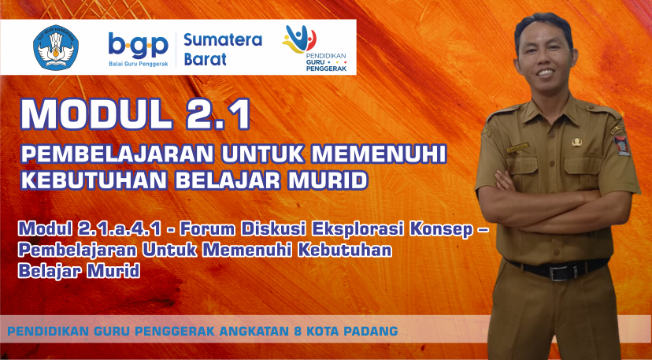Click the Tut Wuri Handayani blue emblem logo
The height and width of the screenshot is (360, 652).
click(x=56, y=47)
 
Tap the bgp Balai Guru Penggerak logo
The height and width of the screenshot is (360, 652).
click(x=138, y=49)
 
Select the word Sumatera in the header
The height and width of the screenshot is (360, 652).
click(x=223, y=40)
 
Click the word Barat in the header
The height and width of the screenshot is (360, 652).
click(x=205, y=58)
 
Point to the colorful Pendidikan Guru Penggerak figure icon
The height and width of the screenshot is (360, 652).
click(x=299, y=39)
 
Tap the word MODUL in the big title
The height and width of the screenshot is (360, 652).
click(x=96, y=113)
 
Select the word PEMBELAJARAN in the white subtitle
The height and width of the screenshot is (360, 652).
click(x=117, y=154)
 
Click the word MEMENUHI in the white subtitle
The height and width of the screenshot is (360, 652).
click(x=379, y=154)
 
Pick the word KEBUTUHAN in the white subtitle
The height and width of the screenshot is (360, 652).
click(x=94, y=180)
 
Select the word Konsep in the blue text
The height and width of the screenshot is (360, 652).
click(x=441, y=230)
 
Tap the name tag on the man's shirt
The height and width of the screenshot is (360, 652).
click(x=517, y=147)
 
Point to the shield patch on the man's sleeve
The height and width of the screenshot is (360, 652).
click(x=622, y=145)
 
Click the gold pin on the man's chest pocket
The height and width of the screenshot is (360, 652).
click(x=576, y=142)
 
